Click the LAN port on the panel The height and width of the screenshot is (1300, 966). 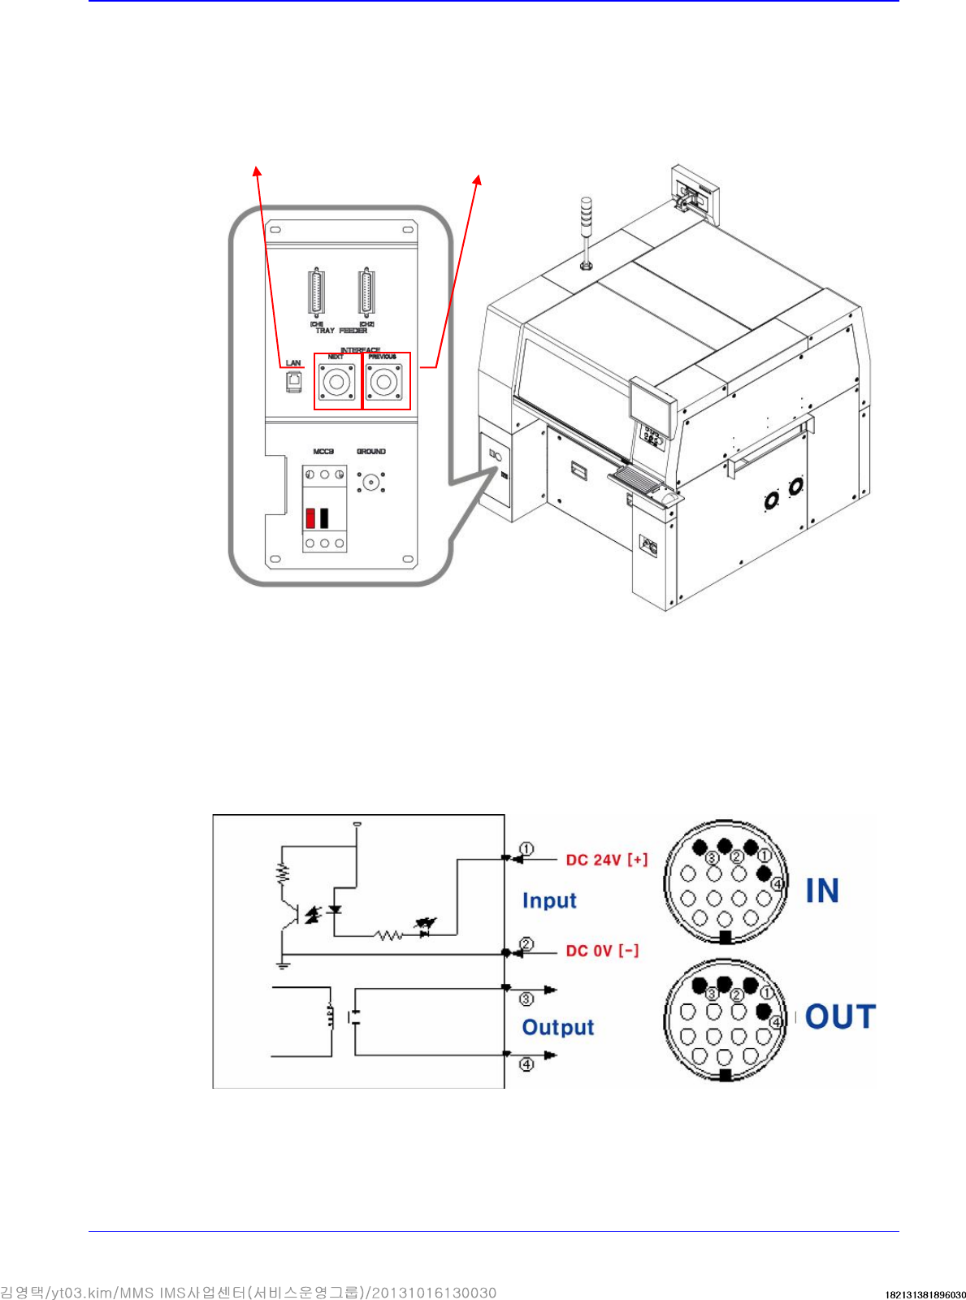coord(293,381)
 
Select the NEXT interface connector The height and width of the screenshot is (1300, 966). coord(336,381)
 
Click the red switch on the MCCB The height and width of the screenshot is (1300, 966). coord(310,518)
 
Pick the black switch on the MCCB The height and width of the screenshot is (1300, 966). coord(324,518)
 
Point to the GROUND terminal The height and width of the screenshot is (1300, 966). coord(371,483)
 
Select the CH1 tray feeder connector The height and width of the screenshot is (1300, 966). coord(316,292)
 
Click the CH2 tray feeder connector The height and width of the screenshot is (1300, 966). coord(366,292)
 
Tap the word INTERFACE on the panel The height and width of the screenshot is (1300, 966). coord(360,350)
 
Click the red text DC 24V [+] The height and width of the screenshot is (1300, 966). coord(607,860)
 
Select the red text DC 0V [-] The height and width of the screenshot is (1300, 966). coord(602,951)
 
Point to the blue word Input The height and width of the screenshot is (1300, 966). coord(549,900)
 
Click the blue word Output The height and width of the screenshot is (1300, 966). coord(558,1027)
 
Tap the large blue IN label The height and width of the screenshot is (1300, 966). coord(822,890)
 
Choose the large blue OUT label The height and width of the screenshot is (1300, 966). coord(840,1016)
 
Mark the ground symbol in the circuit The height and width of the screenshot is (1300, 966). coord(282,966)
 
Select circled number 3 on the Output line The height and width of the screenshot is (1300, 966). coord(526,999)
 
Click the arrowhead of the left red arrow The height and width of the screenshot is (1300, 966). coord(257,170)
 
